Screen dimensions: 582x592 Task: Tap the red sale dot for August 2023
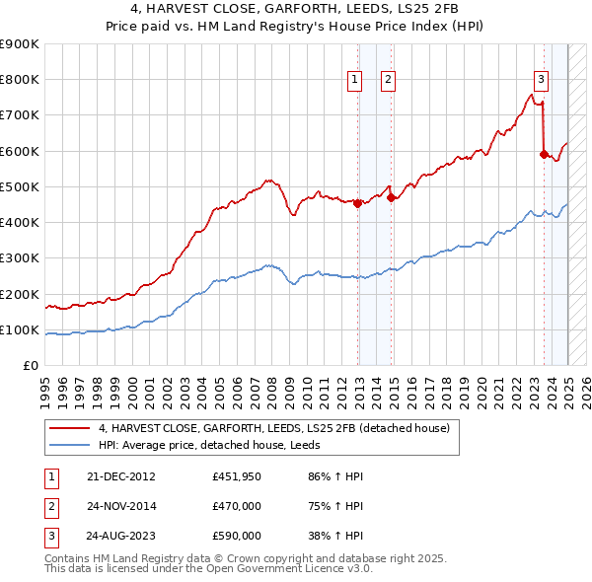click(544, 154)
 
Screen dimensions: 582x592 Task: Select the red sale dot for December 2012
click(358, 203)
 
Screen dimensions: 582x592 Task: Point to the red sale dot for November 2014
click(392, 197)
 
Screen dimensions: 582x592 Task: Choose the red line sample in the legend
click(69, 428)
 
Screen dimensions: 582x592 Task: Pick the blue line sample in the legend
click(69, 445)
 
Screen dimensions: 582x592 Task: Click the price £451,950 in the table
click(237, 476)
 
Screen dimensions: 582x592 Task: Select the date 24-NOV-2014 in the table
click(120, 506)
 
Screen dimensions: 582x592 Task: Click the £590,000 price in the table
click(237, 536)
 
